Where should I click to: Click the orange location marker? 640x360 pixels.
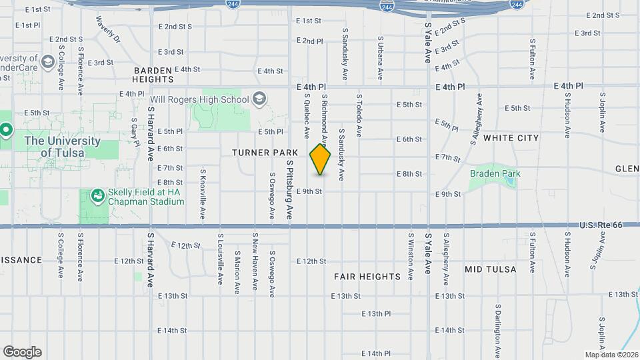tap(321, 159)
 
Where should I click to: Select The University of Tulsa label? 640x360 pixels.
tap(62, 147)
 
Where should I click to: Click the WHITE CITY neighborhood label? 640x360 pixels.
tap(511, 138)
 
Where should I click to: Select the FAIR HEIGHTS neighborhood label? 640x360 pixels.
tap(367, 277)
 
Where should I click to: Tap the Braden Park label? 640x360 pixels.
tap(495, 174)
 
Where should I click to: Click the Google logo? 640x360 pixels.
tap(22, 352)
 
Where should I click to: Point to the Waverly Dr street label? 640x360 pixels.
tap(107, 29)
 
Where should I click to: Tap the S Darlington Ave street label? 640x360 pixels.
tap(498, 327)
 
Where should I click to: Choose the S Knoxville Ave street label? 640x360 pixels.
tap(203, 194)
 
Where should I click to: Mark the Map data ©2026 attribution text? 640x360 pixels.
tap(611, 354)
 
